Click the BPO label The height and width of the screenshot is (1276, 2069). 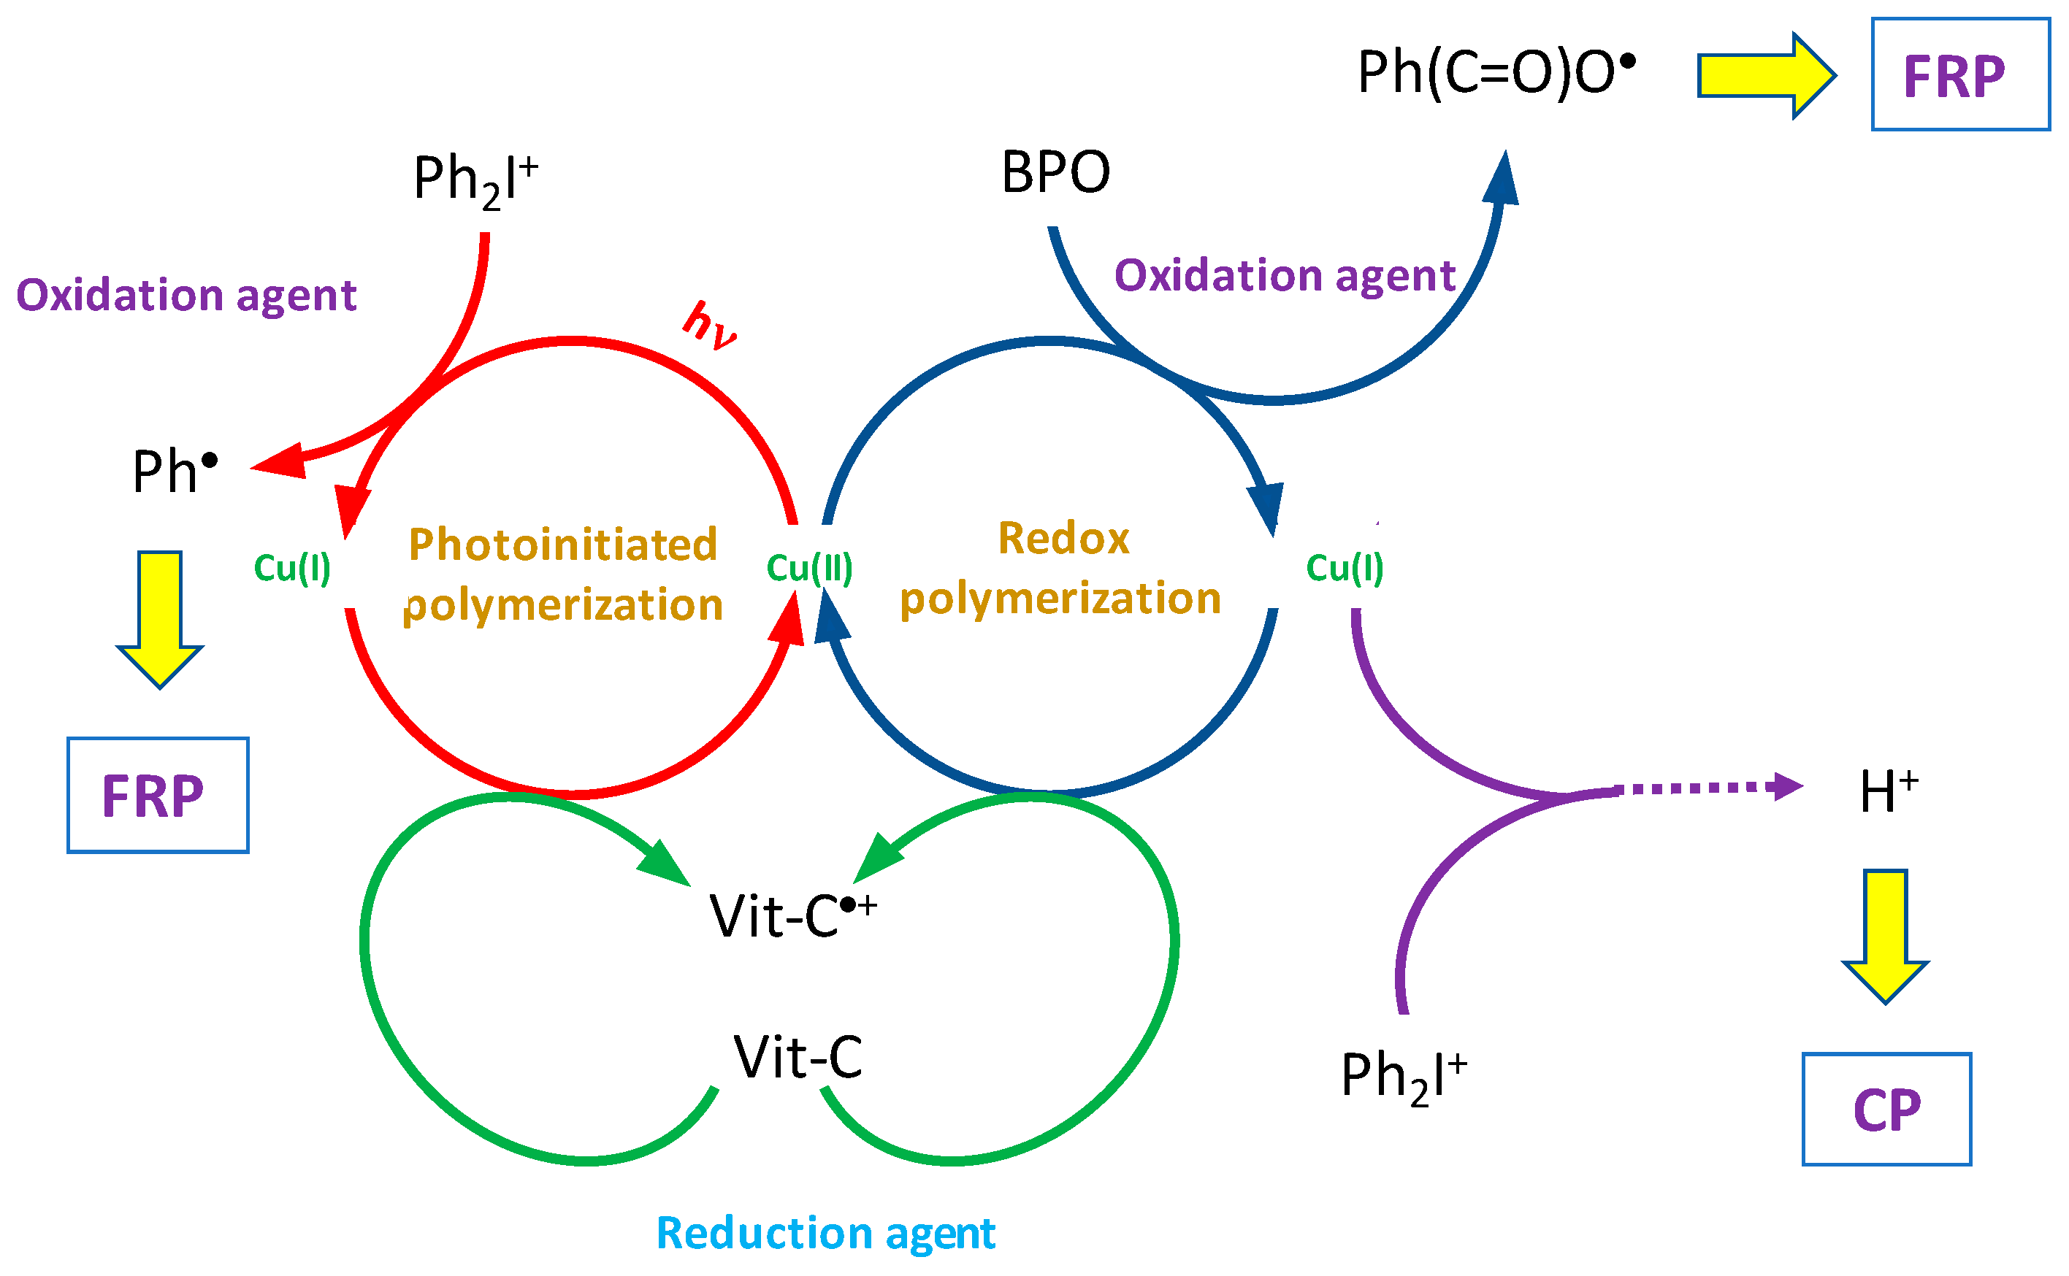pos(1055,172)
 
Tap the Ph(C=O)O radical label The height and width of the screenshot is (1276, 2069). pos(1494,72)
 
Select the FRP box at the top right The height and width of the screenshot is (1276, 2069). pos(1960,75)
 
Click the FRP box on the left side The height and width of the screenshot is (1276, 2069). pos(158,795)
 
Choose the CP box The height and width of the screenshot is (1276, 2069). pos(1886,1109)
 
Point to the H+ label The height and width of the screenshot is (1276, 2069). pos(1889,791)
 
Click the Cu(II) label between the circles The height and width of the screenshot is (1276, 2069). pos(809,567)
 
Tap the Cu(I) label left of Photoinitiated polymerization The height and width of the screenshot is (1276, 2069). pos(292,567)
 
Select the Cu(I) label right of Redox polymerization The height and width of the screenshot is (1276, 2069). pos(1345,567)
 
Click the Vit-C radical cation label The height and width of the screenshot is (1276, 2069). pos(792,914)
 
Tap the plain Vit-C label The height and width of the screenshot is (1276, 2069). pos(798,1056)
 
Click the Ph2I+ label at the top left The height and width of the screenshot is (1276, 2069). pos(475,180)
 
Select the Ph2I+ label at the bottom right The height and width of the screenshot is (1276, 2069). pos(1404,1076)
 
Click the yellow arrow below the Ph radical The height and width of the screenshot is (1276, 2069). pos(159,618)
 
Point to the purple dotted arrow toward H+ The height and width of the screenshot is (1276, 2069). pos(1705,788)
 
